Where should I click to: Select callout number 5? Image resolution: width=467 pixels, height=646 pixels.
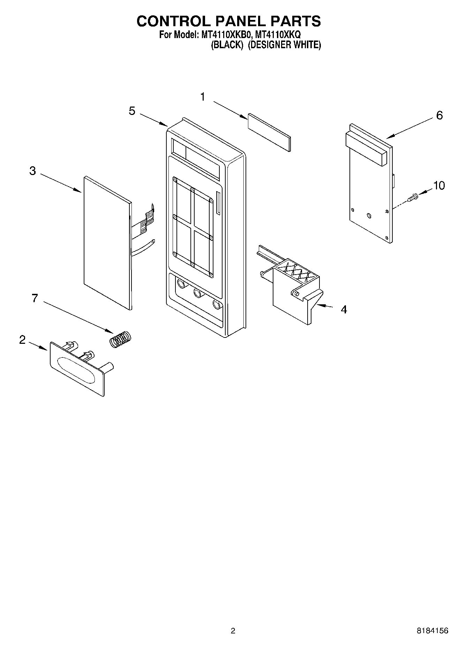tap(132, 111)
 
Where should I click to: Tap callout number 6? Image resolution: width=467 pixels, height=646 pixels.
tap(439, 115)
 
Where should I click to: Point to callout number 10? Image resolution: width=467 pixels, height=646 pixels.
tap(439, 186)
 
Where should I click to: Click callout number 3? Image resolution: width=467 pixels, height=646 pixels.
tap(32, 171)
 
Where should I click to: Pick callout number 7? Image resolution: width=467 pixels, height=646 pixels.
tap(35, 298)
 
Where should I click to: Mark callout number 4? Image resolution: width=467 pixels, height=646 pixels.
tap(344, 310)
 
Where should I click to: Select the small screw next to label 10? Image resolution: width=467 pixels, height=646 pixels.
tap(413, 198)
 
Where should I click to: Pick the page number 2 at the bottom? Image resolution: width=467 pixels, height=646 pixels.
tap(233, 631)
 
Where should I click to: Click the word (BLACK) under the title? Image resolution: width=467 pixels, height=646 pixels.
tap(227, 45)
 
